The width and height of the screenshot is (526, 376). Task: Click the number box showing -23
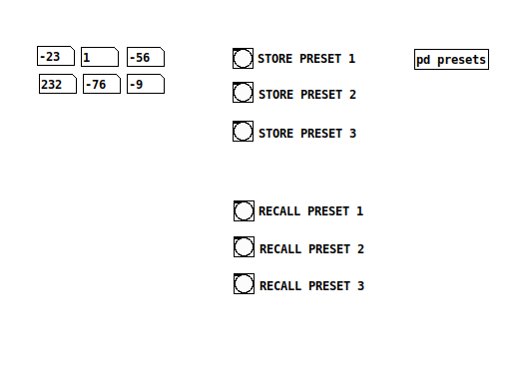tap(56, 57)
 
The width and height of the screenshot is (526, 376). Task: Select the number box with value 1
tap(100, 57)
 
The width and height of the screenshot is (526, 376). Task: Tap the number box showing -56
tap(146, 57)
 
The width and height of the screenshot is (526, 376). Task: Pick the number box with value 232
tap(57, 84)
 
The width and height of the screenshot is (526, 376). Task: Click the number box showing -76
tap(102, 84)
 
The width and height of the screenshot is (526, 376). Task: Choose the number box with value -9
tap(146, 84)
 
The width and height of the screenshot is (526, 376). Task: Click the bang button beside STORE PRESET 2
tap(244, 93)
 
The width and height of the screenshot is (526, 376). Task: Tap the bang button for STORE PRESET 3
tap(244, 131)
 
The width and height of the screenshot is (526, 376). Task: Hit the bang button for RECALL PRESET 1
tap(244, 210)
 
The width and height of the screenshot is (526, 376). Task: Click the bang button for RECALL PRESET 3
tap(245, 284)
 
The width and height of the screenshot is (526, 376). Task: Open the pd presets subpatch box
tap(451, 60)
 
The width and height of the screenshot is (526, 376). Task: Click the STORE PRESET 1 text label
tap(306, 59)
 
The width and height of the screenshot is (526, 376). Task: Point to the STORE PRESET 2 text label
tap(307, 95)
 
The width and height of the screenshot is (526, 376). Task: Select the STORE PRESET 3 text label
tap(307, 133)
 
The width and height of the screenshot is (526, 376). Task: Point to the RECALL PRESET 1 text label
tap(311, 211)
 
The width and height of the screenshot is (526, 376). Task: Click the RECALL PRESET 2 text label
tap(312, 248)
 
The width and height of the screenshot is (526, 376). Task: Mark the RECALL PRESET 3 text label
tap(312, 286)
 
